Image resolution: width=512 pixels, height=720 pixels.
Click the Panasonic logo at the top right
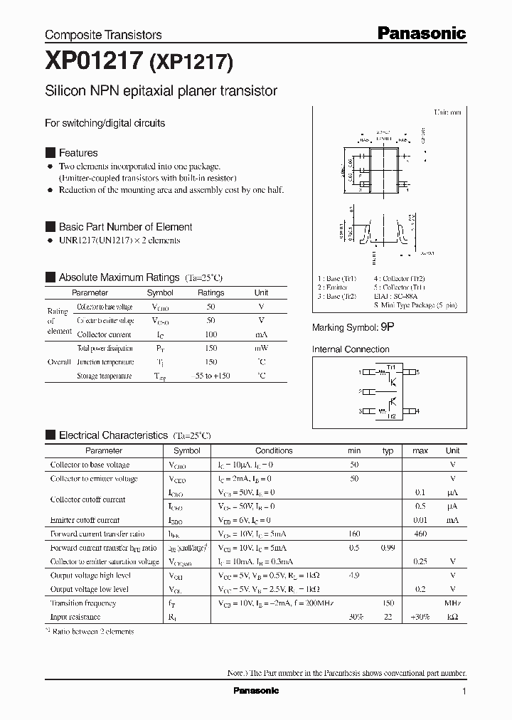[421, 33]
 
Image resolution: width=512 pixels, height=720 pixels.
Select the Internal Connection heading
[351, 349]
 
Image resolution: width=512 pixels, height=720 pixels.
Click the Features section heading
[78, 153]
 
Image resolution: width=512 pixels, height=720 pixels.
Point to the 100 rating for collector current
[210, 334]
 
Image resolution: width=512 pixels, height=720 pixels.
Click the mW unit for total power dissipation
[261, 348]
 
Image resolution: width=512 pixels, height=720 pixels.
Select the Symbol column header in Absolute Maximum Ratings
[160, 292]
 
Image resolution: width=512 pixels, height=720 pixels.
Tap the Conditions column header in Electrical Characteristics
[274, 450]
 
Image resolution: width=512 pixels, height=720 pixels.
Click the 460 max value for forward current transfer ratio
[420, 534]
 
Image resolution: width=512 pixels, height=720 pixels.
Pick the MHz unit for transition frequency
[452, 603]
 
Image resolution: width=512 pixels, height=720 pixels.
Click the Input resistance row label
[75, 617]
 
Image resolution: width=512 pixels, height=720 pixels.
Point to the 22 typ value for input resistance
[388, 617]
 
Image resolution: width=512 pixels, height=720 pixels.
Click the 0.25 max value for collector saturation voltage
[420, 561]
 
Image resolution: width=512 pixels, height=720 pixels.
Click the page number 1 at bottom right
[464, 692]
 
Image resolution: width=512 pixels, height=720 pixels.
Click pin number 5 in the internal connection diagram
[417, 372]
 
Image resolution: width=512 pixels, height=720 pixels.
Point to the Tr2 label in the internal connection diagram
[390, 416]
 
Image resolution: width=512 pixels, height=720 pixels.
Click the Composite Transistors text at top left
[103, 34]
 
